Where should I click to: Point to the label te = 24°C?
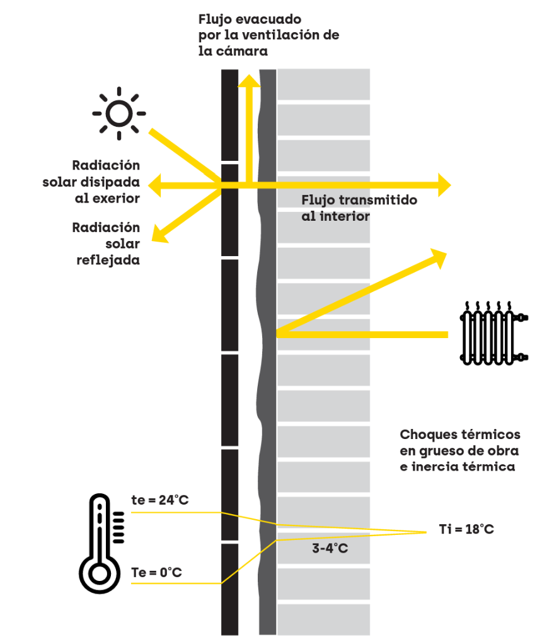click(x=159, y=500)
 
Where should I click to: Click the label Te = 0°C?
click(x=156, y=573)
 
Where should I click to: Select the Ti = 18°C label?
click(x=466, y=529)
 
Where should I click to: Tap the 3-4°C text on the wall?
click(x=330, y=548)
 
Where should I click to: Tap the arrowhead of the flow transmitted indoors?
click(x=446, y=185)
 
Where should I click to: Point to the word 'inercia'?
click(x=435, y=467)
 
